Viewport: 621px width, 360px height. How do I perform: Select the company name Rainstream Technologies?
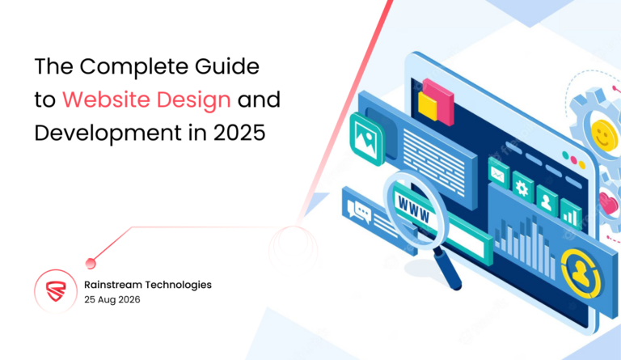point(148,285)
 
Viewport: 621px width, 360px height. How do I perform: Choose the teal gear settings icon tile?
point(522,188)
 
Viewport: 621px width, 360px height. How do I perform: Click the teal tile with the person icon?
point(547,202)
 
